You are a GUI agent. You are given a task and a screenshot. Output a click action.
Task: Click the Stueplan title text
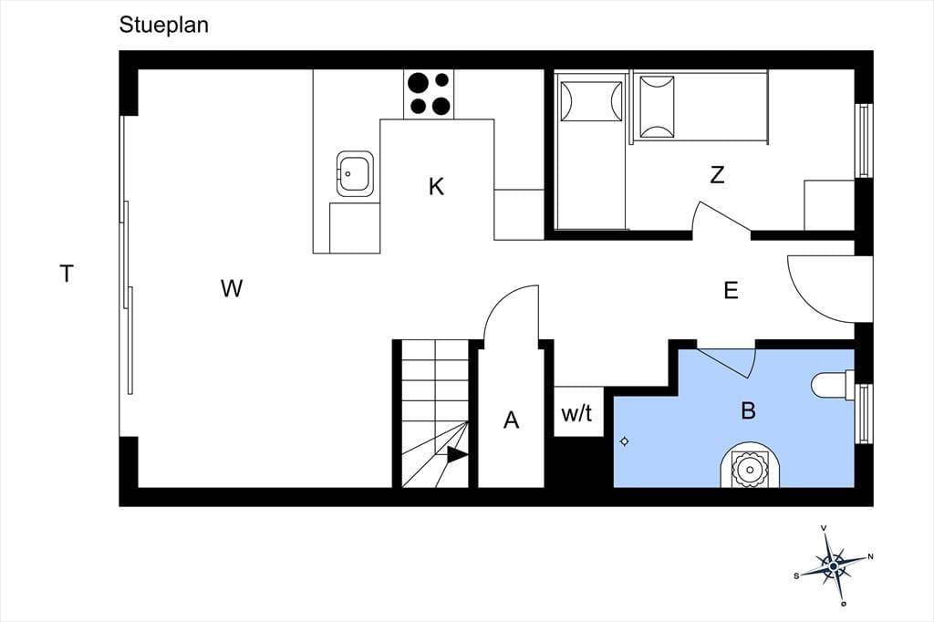click(x=164, y=26)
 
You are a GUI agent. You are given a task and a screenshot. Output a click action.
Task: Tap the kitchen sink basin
click(x=355, y=173)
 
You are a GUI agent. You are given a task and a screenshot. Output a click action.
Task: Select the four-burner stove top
click(x=429, y=94)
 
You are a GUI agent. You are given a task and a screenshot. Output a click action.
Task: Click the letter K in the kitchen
click(x=436, y=186)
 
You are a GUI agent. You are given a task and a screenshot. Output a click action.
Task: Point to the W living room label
click(x=231, y=288)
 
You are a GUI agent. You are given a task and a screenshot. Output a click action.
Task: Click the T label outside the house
click(x=67, y=274)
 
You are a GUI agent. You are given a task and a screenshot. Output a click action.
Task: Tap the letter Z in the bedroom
click(x=718, y=175)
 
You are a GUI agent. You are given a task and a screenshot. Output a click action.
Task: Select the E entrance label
click(x=731, y=290)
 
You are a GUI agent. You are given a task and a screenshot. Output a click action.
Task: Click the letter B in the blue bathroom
click(x=748, y=410)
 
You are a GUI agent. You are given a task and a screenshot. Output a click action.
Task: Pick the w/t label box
click(x=578, y=411)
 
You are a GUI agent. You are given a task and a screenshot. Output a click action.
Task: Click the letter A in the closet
click(x=511, y=420)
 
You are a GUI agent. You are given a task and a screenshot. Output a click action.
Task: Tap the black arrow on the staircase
click(x=457, y=455)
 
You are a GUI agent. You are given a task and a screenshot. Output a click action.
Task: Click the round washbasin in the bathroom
click(x=749, y=467)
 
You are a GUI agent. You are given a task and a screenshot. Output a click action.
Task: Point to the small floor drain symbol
click(x=625, y=441)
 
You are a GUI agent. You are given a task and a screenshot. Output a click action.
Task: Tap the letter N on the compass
click(x=870, y=557)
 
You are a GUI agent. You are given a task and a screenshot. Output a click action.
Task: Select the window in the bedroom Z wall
click(x=864, y=140)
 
